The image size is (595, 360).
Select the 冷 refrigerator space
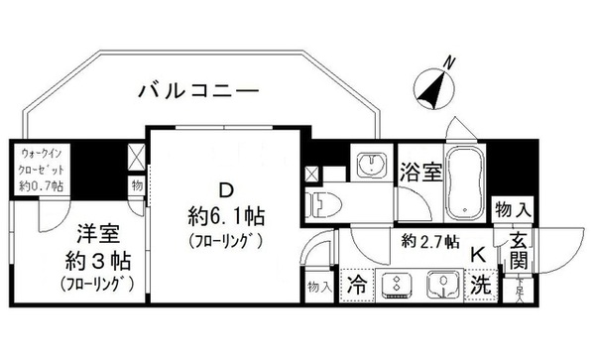click(x=355, y=284)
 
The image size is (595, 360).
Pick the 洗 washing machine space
click(x=479, y=284)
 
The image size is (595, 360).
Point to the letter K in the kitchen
click(x=477, y=254)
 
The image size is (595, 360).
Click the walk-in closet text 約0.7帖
click(x=44, y=186)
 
